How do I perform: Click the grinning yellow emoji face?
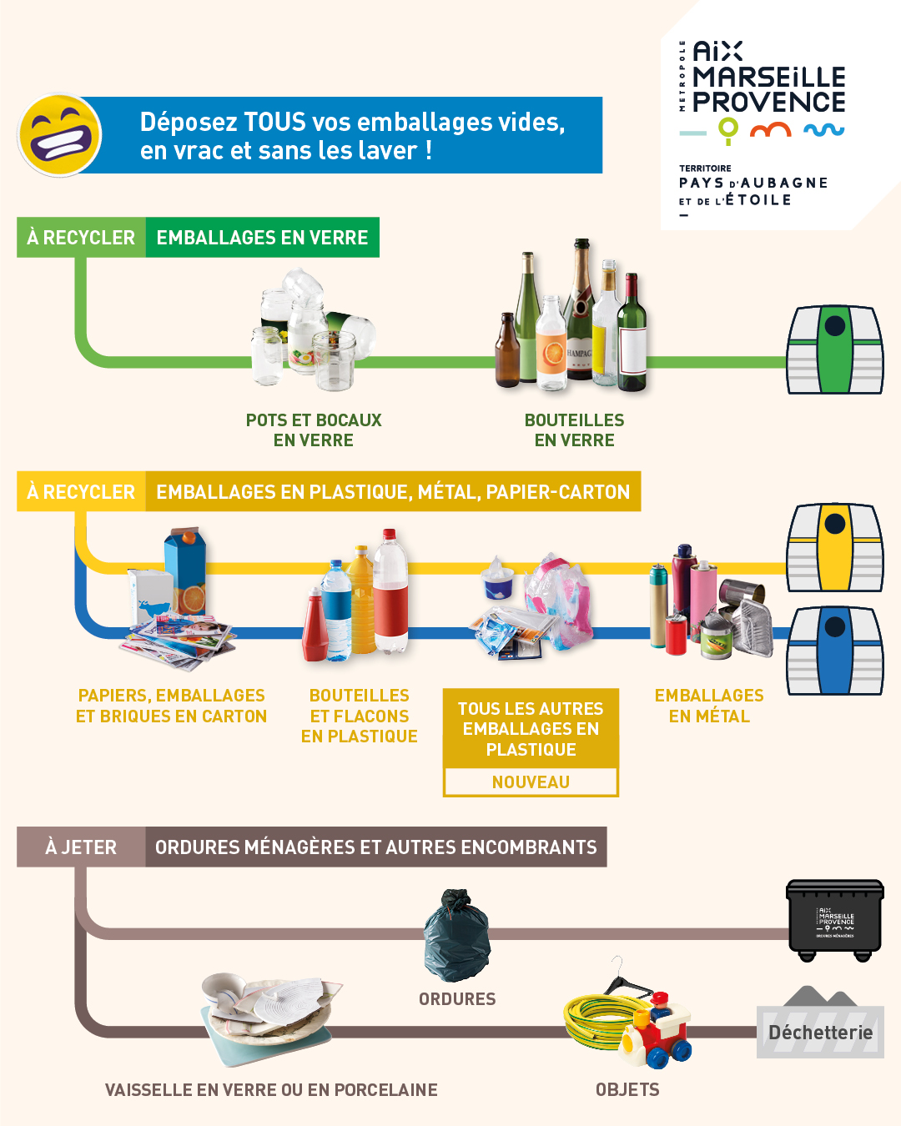click(60, 134)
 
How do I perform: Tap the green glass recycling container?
click(835, 349)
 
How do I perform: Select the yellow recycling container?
click(835, 547)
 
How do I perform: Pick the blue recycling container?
click(835, 651)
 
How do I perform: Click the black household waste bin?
click(835, 921)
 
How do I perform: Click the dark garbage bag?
click(457, 935)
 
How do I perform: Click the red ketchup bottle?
click(315, 625)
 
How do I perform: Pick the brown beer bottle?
click(507, 350)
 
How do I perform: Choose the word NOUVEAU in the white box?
click(531, 782)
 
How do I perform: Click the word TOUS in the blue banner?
click(274, 122)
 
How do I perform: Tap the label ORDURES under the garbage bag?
click(457, 999)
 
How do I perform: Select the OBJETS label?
click(627, 1089)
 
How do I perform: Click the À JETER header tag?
click(81, 847)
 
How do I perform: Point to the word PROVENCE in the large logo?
click(769, 102)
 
